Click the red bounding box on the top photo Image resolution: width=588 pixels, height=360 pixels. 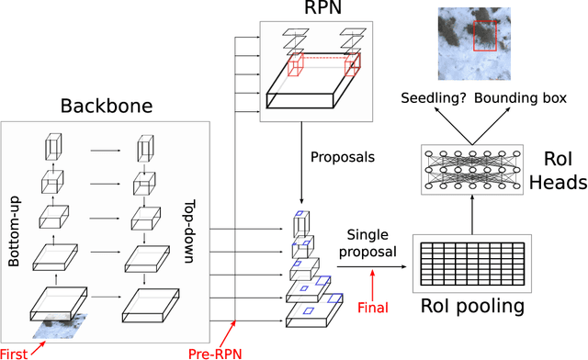click(485, 36)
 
